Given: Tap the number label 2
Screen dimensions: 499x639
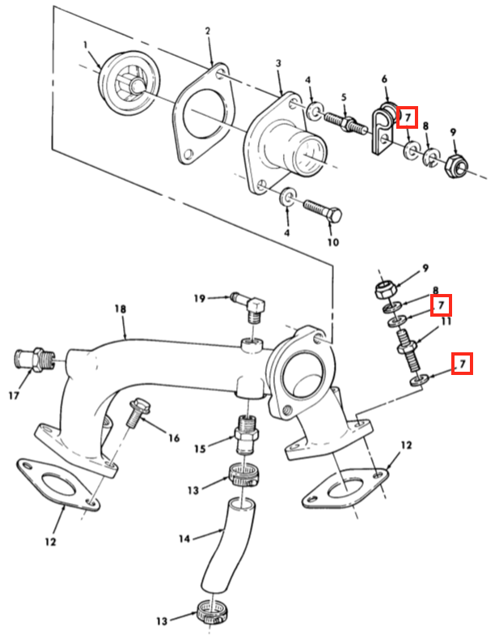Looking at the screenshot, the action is pos(208,32).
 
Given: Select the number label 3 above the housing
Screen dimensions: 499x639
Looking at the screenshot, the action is pos(278,63).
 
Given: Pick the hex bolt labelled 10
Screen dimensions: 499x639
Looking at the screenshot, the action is pos(323,209).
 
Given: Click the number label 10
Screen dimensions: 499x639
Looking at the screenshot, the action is pos(333,242).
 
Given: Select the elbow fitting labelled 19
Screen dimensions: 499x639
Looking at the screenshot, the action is pos(249,305).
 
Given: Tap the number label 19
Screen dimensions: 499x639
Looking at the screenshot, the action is pos(200,299).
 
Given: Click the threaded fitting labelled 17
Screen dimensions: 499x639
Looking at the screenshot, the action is pos(35,359).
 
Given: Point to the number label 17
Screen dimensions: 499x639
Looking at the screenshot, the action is pos(14,395).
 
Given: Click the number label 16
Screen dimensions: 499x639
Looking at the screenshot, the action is pos(174,438).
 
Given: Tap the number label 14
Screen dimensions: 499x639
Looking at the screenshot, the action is pos(184,539).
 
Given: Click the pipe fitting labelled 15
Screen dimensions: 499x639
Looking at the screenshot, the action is pos(247,434).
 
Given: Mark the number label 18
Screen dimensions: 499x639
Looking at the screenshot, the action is pos(120,309).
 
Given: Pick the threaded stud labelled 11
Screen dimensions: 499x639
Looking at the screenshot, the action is pos(407,350).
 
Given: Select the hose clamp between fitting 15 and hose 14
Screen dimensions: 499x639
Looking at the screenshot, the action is pos(245,475).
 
